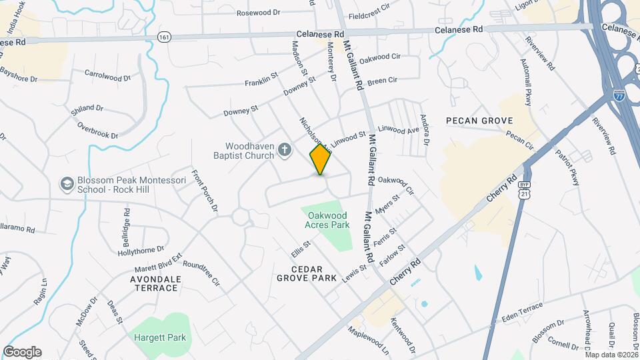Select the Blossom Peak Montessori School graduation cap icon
(x=67, y=183)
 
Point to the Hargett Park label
(x=158, y=337)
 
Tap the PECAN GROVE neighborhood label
(x=479, y=121)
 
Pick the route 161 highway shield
(x=165, y=37)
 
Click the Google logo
(x=22, y=352)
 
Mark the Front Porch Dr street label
(x=205, y=191)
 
